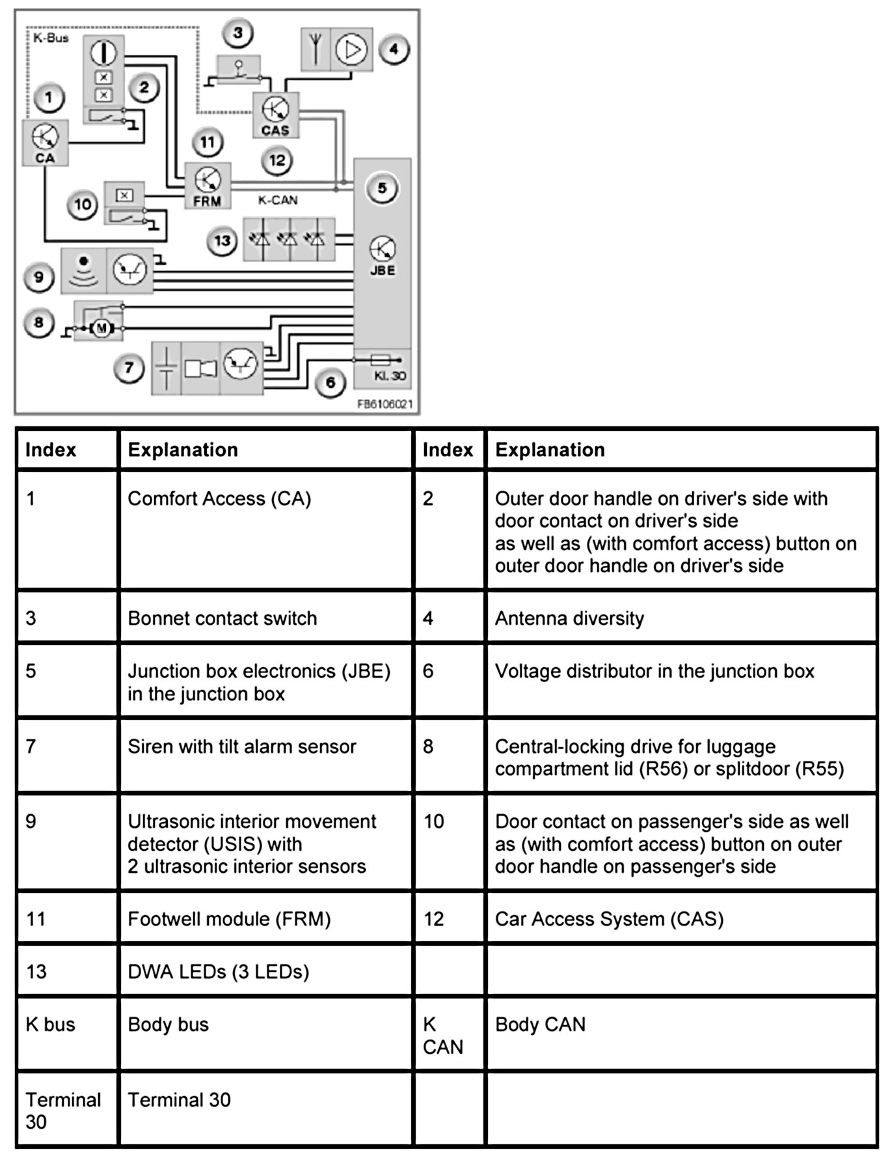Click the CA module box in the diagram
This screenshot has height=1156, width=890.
point(46,143)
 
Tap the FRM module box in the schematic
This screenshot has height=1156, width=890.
point(208,186)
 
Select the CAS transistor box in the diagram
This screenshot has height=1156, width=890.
point(276,115)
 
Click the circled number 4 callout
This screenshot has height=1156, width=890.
point(394,49)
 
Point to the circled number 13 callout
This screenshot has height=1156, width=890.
point(222,241)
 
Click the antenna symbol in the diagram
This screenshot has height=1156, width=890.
point(316,49)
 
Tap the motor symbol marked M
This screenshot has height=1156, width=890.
point(101,329)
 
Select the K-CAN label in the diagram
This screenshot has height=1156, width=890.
point(278,200)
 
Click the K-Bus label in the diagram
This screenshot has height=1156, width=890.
point(51,38)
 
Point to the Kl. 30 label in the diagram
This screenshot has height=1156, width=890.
point(389,376)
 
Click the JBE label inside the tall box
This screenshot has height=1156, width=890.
point(383,270)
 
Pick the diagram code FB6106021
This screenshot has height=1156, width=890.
point(384,404)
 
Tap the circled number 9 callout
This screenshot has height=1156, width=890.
point(39,277)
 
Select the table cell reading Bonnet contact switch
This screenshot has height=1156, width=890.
point(265,618)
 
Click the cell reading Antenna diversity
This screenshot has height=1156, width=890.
point(681,618)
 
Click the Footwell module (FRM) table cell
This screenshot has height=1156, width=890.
point(265,918)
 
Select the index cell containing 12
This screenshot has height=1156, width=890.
point(449,918)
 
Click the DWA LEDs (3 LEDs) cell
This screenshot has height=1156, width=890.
point(265,971)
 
